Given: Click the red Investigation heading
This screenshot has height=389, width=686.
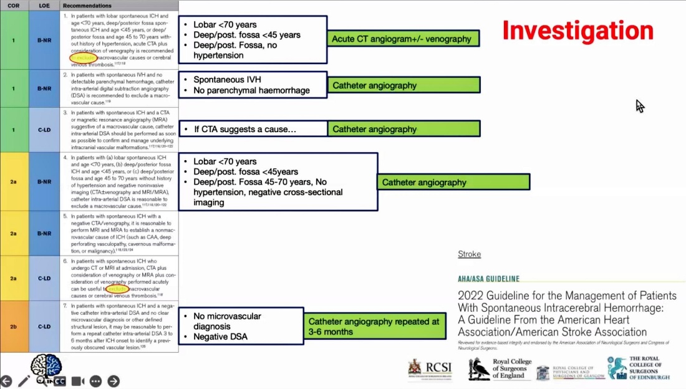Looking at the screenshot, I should point(577,30).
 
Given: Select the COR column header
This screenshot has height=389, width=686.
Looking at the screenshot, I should point(14,5).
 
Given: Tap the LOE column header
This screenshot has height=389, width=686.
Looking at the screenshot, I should point(44,5).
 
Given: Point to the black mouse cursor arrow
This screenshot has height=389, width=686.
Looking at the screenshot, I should point(639,106).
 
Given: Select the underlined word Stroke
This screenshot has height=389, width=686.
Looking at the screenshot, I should point(469,254).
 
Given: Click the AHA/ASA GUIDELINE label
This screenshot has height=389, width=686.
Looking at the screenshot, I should point(488,279).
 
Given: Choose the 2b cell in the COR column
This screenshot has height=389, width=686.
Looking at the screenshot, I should point(14,326).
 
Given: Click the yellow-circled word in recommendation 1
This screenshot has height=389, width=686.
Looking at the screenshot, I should point(83,58).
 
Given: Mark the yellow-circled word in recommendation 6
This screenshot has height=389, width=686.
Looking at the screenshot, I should point(117,289).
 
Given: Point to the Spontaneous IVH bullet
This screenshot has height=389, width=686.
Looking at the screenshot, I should point(228,80).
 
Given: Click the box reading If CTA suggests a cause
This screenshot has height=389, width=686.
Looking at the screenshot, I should point(253,129).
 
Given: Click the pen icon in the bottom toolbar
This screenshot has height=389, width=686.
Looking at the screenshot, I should point(24,381).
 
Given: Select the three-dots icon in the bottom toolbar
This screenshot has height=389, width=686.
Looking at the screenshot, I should point(95,381).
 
